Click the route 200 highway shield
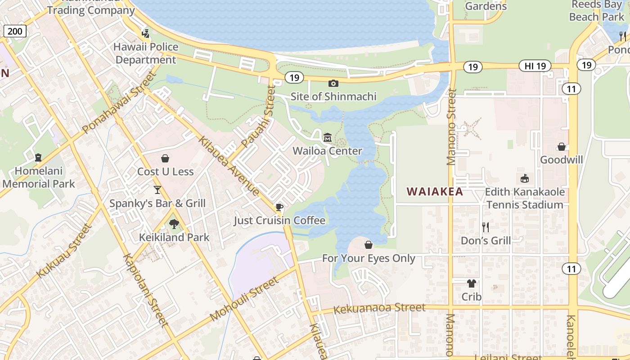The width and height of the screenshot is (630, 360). pyautogui.click(x=15, y=31)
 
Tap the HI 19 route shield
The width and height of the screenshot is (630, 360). pyautogui.click(x=535, y=66)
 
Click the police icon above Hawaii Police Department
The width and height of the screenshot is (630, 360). pyautogui.click(x=145, y=33)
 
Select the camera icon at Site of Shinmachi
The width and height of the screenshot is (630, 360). pyautogui.click(x=333, y=83)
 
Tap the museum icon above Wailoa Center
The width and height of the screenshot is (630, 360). pyautogui.click(x=328, y=137)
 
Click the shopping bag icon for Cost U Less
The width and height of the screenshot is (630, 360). pyautogui.click(x=165, y=158)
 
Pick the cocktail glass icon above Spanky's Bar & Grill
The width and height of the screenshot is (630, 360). pyautogui.click(x=157, y=190)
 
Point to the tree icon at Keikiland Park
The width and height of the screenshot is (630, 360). pyautogui.click(x=174, y=224)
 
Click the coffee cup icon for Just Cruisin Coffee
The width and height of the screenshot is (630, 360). pyautogui.click(x=279, y=207)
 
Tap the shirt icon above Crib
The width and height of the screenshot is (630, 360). pyautogui.click(x=471, y=283)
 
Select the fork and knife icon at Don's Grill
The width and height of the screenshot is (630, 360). pyautogui.click(x=486, y=227)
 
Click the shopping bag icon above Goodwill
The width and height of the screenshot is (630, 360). pyautogui.click(x=561, y=147)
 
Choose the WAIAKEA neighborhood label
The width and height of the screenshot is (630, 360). pyautogui.click(x=435, y=191)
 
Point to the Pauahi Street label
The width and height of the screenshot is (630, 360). pyautogui.click(x=258, y=118)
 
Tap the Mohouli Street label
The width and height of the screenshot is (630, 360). pyautogui.click(x=244, y=299)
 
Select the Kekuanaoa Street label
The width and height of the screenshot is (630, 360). pyautogui.click(x=379, y=308)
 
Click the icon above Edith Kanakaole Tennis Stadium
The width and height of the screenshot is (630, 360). pyautogui.click(x=525, y=179)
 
